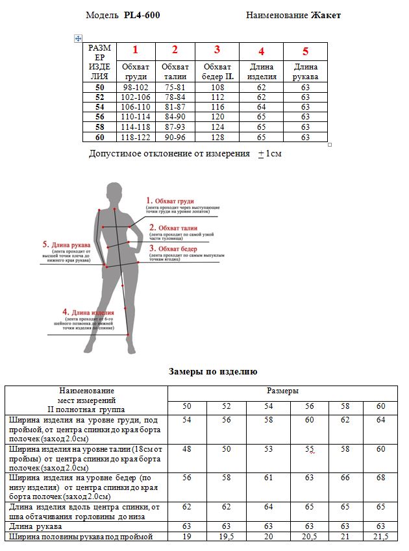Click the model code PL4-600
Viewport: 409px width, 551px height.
142,15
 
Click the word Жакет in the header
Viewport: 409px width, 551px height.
326,15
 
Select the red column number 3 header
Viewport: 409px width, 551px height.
217,50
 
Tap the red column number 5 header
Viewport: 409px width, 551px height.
305,51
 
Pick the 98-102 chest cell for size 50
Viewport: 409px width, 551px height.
136,86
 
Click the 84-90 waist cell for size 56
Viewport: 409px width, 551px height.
175,117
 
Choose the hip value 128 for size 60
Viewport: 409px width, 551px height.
217,137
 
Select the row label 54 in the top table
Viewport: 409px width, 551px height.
99,106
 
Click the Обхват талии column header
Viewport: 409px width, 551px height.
175,71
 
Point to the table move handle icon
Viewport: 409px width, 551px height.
78,39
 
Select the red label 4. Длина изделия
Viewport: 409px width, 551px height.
88,312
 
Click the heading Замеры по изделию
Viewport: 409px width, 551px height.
213,372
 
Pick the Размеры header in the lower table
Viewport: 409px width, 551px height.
283,391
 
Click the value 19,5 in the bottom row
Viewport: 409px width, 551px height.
226,537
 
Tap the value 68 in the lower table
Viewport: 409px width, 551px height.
381,478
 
